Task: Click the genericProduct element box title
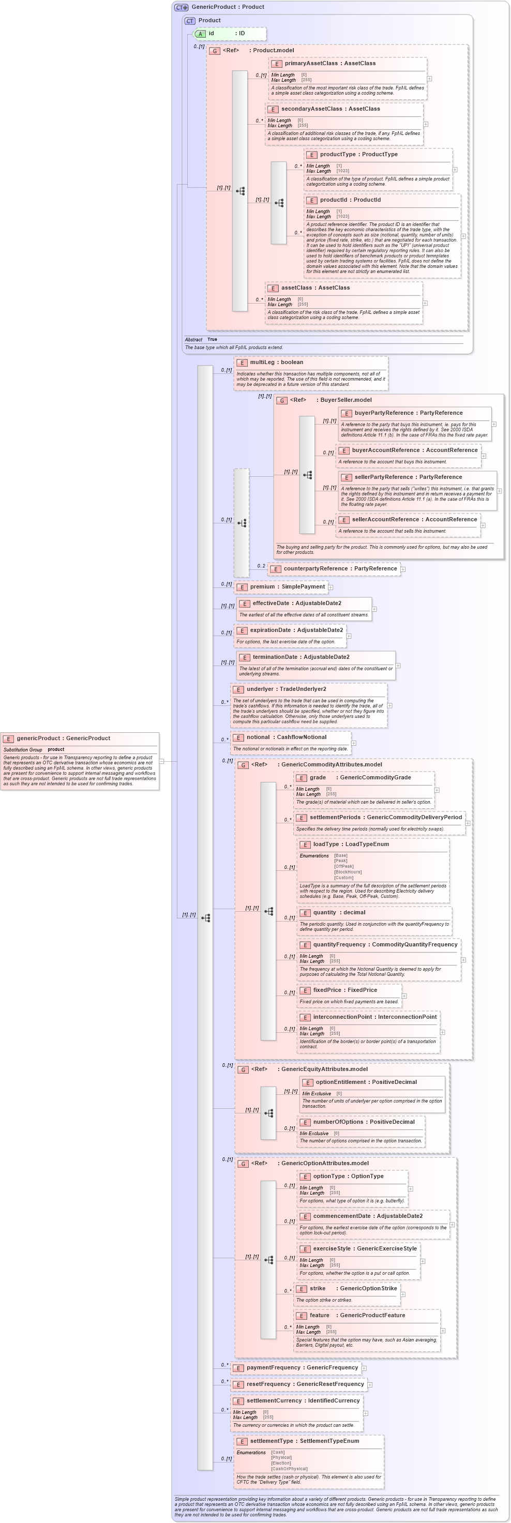pyautogui.click(x=63, y=738)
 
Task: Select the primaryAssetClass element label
pyautogui.click(x=329, y=63)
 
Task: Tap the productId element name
pyautogui.click(x=350, y=200)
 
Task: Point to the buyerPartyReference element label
pyautogui.click(x=408, y=413)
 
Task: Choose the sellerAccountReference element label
pyautogui.click(x=414, y=520)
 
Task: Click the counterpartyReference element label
pyautogui.click(x=340, y=569)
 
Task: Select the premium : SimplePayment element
pyautogui.click(x=287, y=587)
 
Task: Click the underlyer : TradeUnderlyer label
pyautogui.click(x=285, y=689)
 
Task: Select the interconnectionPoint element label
pyautogui.click(x=374, y=1017)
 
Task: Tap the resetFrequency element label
pyautogui.click(x=305, y=1384)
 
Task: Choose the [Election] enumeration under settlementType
pyautogui.click(x=281, y=1462)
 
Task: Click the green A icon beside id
pyautogui.click(x=201, y=34)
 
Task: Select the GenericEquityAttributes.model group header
pyautogui.click(x=324, y=1069)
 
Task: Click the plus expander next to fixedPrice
pyautogui.click(x=404, y=996)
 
